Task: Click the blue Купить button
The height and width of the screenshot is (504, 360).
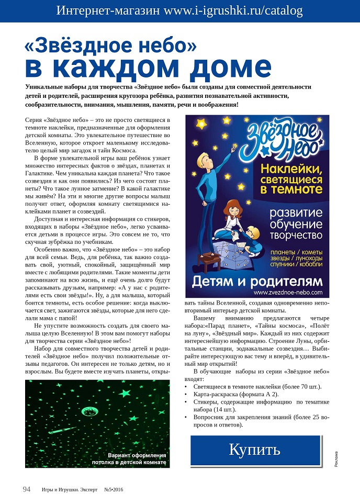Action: coord(254,450)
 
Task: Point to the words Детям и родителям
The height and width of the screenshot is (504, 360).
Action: coord(258,281)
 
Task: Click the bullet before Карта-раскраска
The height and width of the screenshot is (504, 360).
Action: coord(187,394)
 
